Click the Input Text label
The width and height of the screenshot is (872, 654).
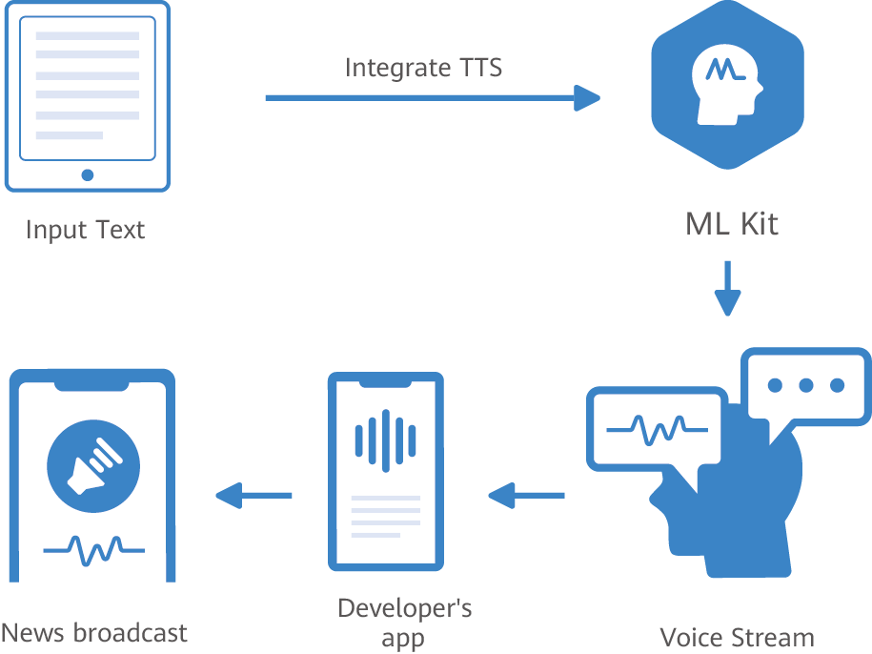[86, 230]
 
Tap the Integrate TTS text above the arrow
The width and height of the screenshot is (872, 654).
[423, 68]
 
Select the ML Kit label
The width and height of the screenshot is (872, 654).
[732, 224]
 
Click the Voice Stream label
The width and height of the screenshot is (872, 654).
[738, 637]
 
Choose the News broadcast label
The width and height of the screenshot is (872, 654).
[94, 632]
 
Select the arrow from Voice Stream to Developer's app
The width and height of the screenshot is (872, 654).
[526, 495]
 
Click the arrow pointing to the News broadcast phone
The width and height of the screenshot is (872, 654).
[253, 495]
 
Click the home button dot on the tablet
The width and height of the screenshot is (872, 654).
[88, 174]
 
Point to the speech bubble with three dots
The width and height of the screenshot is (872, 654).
[806, 386]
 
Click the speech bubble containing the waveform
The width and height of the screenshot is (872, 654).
[656, 428]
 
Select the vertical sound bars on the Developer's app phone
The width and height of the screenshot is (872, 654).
[385, 439]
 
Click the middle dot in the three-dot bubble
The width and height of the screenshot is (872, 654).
[806, 385]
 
